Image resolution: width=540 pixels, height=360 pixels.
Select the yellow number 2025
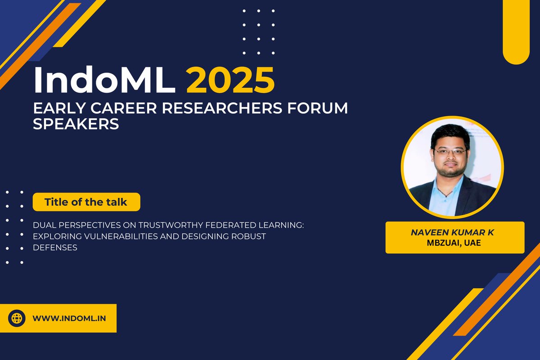[x=230, y=81]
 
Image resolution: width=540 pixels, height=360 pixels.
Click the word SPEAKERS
[x=76, y=124]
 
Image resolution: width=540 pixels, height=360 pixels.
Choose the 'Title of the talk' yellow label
[x=86, y=202]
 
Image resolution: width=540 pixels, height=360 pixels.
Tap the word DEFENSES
[x=55, y=247]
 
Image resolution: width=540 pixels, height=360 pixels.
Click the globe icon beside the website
[x=17, y=318]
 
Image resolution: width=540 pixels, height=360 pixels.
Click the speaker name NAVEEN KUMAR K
[x=455, y=233]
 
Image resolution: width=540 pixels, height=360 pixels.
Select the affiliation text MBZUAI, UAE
[x=455, y=243]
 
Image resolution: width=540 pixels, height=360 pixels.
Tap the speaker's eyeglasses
[x=450, y=152]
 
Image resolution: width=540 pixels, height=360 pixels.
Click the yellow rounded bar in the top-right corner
[x=516, y=31]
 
